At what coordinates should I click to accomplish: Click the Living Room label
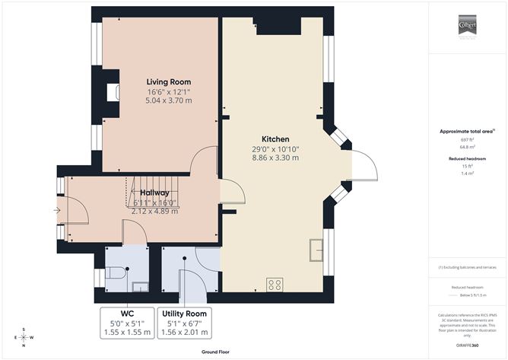168,81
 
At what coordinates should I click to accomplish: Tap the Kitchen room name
274,139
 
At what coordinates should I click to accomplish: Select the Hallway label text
154,193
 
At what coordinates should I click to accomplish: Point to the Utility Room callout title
183,313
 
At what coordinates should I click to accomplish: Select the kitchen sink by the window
316,248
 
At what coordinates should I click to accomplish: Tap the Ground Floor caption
216,352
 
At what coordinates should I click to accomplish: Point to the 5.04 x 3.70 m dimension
168,100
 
